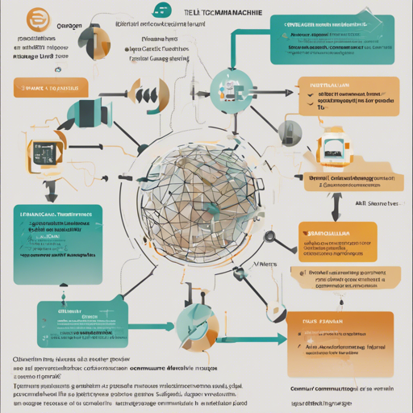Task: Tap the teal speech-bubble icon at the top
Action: pyautogui.click(x=163, y=10)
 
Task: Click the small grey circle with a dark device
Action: pyautogui.click(x=285, y=130)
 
